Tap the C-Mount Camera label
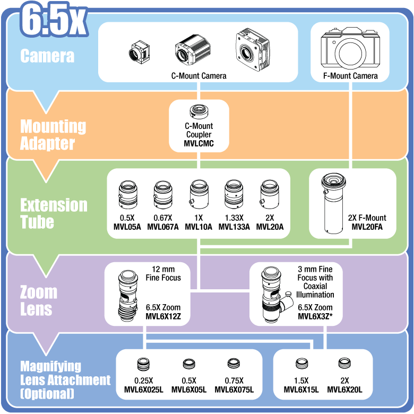[x=199, y=76]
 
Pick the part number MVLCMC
[x=199, y=143]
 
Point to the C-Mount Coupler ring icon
[x=199, y=112]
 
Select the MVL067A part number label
[x=162, y=227]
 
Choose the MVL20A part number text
[x=270, y=227]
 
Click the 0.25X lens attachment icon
[x=143, y=364]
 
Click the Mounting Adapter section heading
[x=53, y=135]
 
